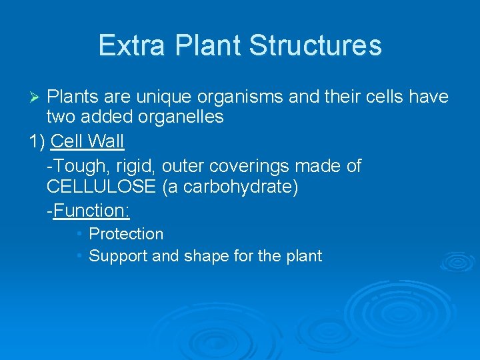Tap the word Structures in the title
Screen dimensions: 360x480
tap(315, 45)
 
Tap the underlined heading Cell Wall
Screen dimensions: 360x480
tap(87, 142)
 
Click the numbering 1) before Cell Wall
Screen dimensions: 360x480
tap(38, 142)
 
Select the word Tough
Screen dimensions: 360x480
tap(76, 166)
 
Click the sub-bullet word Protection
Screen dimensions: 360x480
tap(126, 234)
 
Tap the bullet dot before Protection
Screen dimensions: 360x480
tap(79, 233)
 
